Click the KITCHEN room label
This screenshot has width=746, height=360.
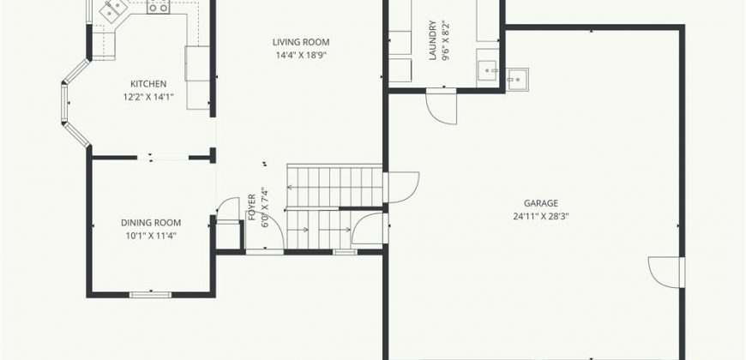pyautogui.click(x=148, y=84)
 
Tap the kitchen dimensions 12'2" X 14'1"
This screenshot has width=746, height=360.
pyautogui.click(x=148, y=97)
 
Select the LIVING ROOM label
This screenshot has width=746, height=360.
pyautogui.click(x=301, y=42)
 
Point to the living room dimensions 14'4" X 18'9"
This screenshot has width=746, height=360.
pyautogui.click(x=301, y=55)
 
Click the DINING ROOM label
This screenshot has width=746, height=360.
pyautogui.click(x=151, y=223)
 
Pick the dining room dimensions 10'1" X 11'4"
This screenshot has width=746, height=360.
pyautogui.click(x=151, y=236)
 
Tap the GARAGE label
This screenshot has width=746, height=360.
pyautogui.click(x=541, y=203)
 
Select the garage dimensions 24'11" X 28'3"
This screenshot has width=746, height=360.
pyautogui.click(x=541, y=216)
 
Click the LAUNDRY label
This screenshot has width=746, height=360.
pyautogui.click(x=432, y=40)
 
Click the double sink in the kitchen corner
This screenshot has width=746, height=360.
pyautogui.click(x=112, y=10)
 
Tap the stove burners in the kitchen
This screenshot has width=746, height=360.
pyautogui.click(x=159, y=7)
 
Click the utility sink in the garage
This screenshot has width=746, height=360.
pyautogui.click(x=517, y=80)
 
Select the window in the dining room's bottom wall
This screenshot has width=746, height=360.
pyautogui.click(x=150, y=295)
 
